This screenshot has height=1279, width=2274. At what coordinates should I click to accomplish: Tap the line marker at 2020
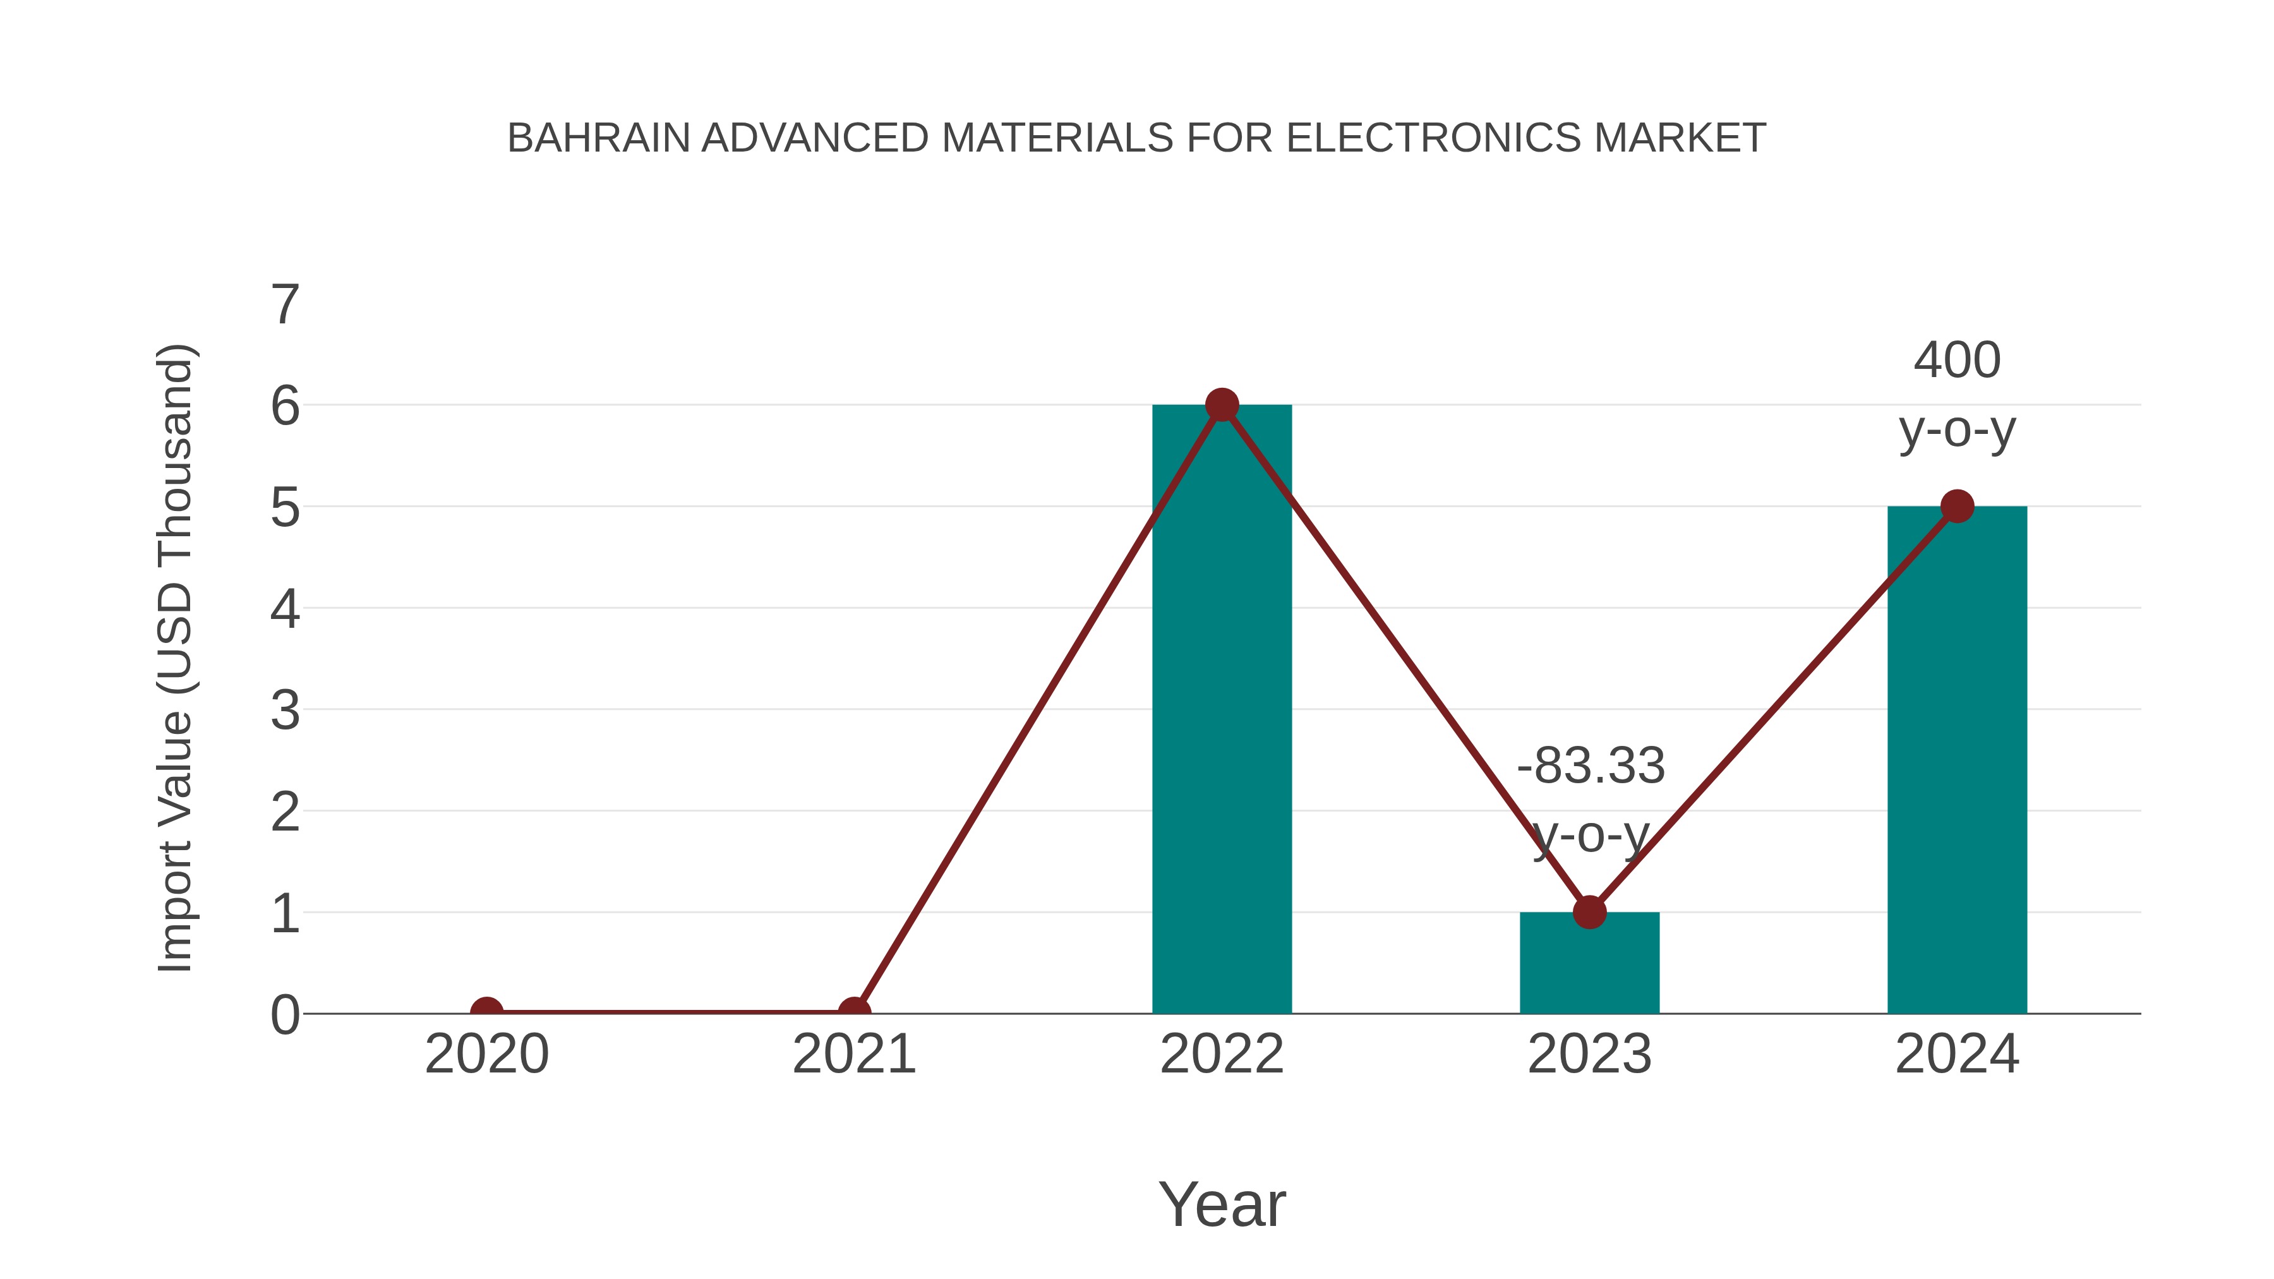point(486,1012)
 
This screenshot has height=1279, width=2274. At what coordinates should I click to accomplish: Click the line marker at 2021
point(853,1012)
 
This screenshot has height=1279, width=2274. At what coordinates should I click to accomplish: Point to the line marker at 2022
point(1222,405)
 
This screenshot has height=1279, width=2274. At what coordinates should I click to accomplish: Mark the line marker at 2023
point(1589,912)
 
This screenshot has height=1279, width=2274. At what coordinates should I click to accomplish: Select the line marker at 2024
point(1957,507)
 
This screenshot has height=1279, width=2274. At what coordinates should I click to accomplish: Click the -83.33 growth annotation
point(1591,766)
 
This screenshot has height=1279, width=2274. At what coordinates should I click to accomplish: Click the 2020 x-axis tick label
point(486,1054)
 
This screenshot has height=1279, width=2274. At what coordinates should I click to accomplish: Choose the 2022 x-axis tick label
point(1222,1054)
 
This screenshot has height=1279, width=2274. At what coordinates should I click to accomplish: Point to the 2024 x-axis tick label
point(1957,1054)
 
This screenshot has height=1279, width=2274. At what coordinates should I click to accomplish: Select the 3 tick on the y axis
point(285,710)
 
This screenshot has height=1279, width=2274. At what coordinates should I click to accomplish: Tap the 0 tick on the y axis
point(285,1014)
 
